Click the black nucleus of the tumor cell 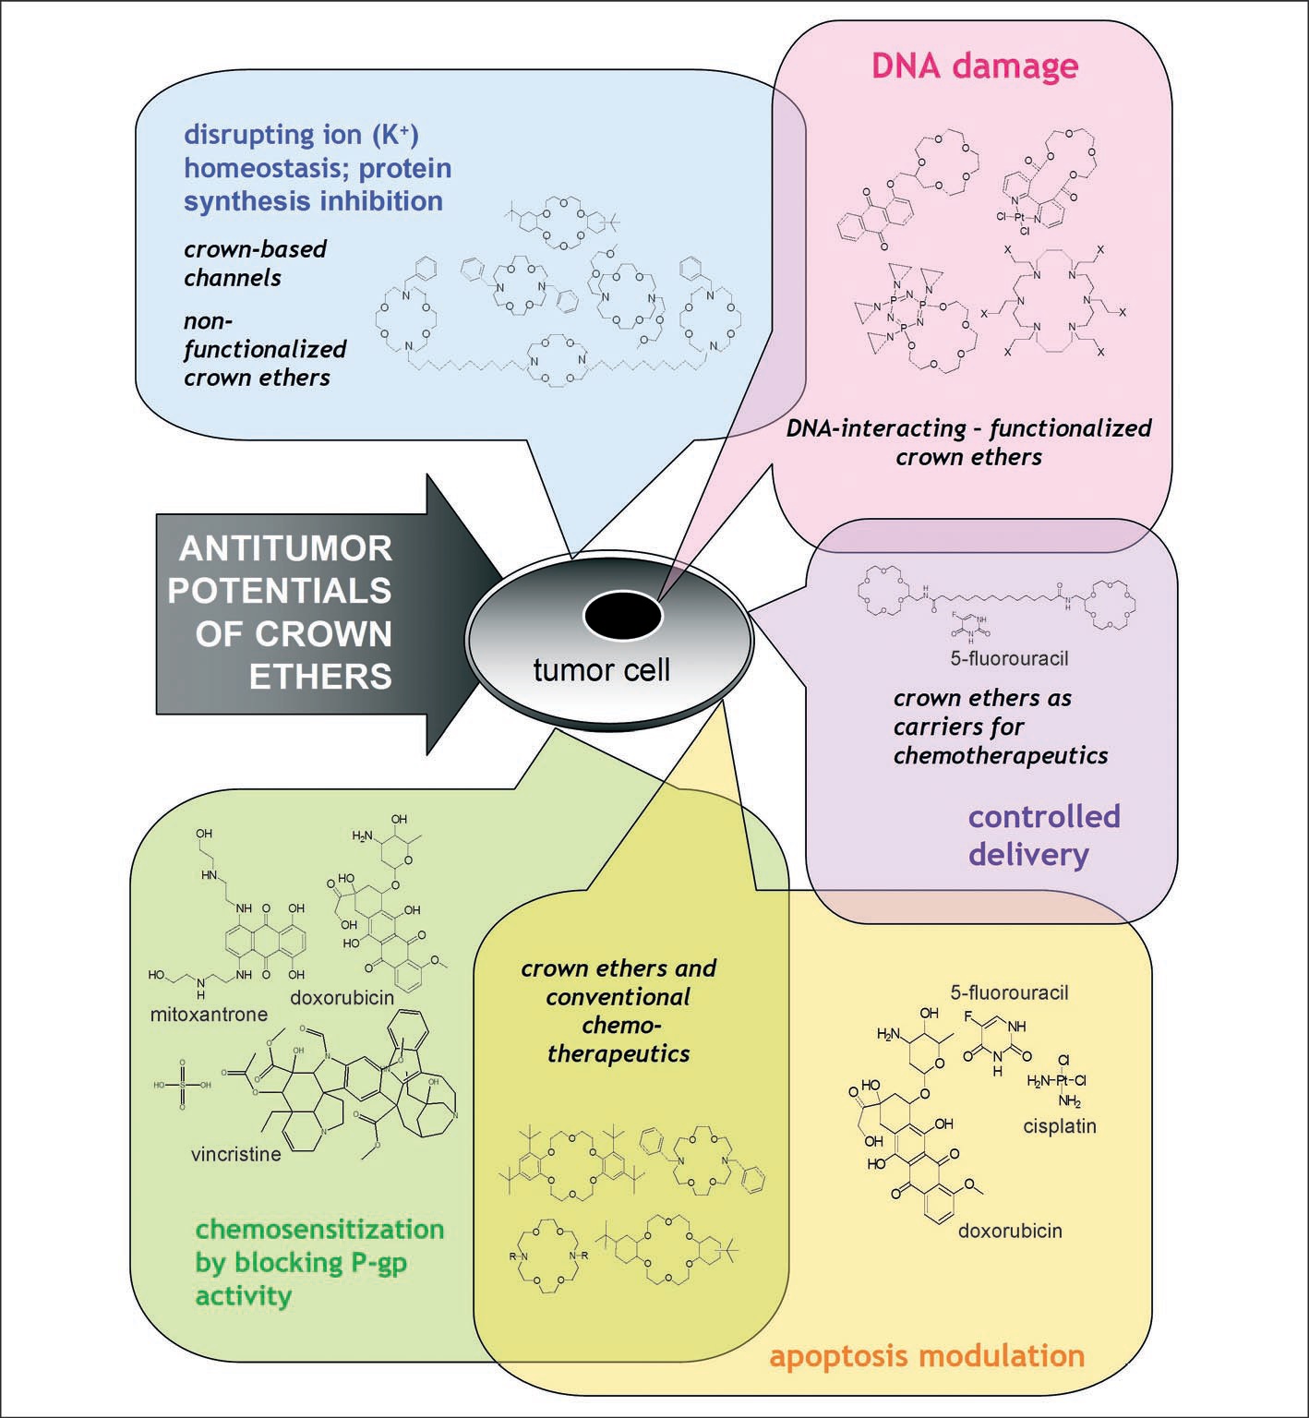point(622,616)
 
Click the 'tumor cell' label point(601,669)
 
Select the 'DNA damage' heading point(975,66)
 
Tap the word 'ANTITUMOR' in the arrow point(285,548)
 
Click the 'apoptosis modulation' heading point(927,1355)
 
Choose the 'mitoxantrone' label point(209,1014)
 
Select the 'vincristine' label point(236,1154)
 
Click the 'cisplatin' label point(1060,1126)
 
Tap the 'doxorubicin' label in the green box point(342,998)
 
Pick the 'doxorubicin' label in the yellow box point(1010,1231)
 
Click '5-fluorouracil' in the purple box point(1009,659)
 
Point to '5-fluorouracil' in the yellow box point(1009,993)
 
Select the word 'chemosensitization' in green point(319,1230)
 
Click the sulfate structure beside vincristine point(182,1085)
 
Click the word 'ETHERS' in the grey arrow point(320,676)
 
